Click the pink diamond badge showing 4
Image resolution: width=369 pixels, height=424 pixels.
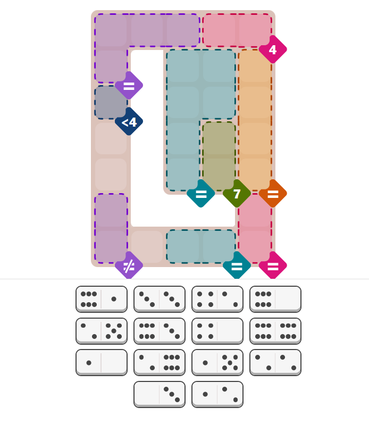tap(273, 49)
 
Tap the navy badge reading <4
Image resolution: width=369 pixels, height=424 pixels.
tap(129, 122)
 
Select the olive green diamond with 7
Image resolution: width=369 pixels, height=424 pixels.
tap(237, 194)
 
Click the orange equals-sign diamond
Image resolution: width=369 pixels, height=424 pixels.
tap(273, 194)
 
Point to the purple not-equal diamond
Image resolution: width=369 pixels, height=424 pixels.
tap(129, 265)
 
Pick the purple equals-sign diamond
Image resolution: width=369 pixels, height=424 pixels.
tap(129, 86)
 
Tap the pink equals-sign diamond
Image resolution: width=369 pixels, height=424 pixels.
tap(273, 265)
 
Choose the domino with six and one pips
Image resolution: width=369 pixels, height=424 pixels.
tap(102, 299)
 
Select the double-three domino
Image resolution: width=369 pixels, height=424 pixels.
tap(160, 299)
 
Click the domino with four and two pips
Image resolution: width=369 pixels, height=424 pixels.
tap(217, 299)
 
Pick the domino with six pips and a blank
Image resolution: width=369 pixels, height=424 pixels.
tap(275, 299)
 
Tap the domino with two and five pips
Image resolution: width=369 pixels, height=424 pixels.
tap(102, 331)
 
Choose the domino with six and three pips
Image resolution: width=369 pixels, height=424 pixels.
tap(160, 331)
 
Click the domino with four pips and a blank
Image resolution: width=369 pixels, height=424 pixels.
tap(217, 331)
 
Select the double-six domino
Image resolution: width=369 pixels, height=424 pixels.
tap(275, 331)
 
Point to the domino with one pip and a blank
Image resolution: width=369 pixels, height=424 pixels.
tap(102, 362)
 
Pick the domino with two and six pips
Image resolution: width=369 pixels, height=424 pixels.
tap(160, 362)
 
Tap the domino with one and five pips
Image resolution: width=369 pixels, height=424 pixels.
tap(217, 362)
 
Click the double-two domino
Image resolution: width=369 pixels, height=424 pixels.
tap(275, 362)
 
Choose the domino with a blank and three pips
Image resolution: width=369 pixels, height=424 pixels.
tap(160, 394)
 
